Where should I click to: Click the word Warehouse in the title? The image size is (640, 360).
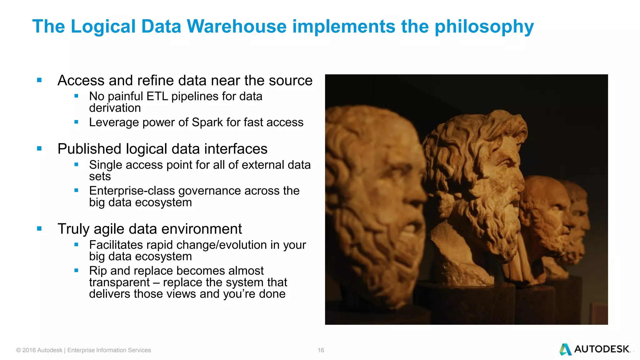(237, 26)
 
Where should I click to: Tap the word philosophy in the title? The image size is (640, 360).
(484, 27)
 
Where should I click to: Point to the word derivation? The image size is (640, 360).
(115, 108)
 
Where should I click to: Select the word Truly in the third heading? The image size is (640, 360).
(73, 229)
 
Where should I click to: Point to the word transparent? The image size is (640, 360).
(119, 282)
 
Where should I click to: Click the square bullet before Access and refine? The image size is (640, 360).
(39, 80)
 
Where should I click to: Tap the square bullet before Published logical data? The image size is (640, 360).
(39, 149)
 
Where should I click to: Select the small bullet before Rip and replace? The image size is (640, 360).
(76, 271)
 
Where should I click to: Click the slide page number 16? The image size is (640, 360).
(321, 350)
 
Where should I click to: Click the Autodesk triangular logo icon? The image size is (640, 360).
(565, 349)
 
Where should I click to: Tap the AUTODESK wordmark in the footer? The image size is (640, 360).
(602, 349)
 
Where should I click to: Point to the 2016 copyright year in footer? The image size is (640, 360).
(29, 350)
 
